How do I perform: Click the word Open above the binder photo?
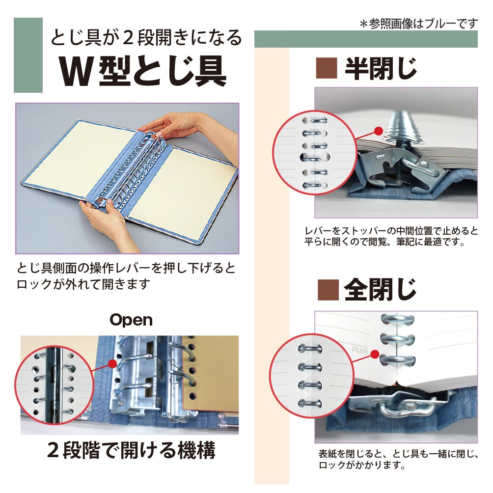coord(131,320)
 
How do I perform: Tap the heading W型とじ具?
coord(143,71)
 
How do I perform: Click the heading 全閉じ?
coord(380,289)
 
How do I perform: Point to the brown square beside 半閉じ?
coord(327,68)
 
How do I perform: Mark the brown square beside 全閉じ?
coord(328,290)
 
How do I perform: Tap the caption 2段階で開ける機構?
coord(131,450)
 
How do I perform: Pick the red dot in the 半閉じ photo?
coord(379,131)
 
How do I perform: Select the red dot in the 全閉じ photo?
coord(375,355)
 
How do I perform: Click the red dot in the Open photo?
coord(112,364)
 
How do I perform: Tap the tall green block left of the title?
coord(28,55)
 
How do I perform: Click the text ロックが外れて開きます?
coord(83,284)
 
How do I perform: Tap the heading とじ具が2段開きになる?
coord(146,37)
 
